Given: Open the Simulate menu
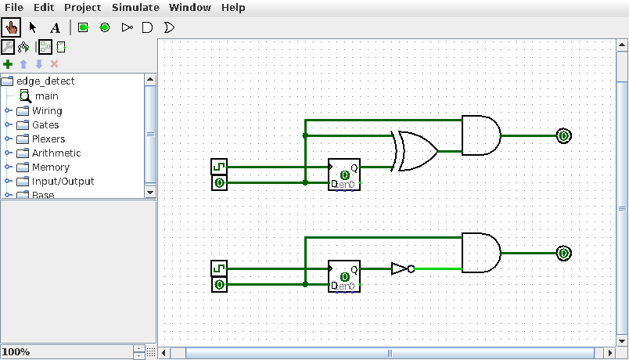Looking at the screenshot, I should pos(135,8).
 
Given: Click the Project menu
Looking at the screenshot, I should pos(82,8).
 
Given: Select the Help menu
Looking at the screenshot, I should pos(232,8).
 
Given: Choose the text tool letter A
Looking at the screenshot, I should pos(55,27).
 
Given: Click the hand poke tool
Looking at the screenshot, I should pos(12,27).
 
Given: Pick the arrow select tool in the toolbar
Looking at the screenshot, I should pos(33,27).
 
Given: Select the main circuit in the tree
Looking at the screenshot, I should pos(46,96).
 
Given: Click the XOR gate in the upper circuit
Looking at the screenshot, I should pos(415,151).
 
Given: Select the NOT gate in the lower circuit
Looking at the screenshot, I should pos(401,268).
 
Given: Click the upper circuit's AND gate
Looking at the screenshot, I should pos(480,135).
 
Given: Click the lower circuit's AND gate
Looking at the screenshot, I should pos(480,253).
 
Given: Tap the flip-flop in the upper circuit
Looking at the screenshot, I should pos(344,175).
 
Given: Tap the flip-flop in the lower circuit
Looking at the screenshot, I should pos(344,276).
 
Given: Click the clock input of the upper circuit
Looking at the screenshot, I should pos(219,167).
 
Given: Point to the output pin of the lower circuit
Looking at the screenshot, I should pos(563,253).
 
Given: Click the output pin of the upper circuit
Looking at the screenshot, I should pos(563,135).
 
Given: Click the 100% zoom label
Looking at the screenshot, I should pos(16,352).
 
